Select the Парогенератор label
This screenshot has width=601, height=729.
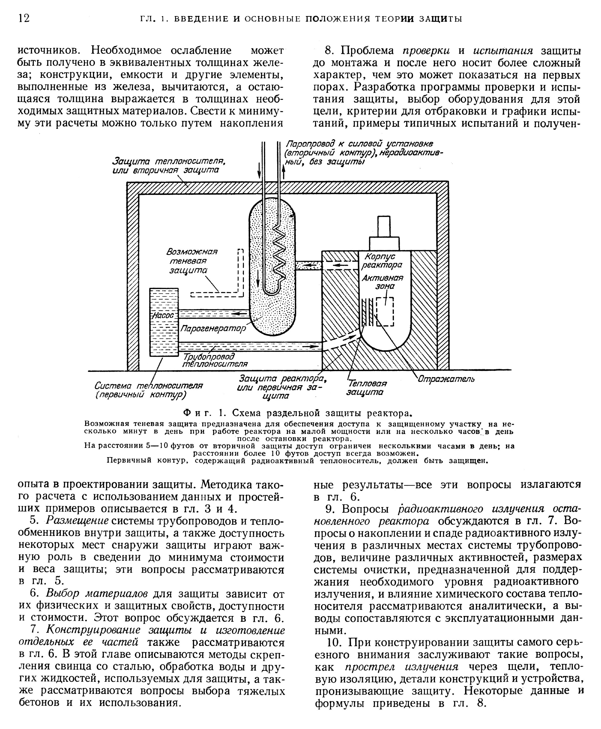click(x=213, y=328)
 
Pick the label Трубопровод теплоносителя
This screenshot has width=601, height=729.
click(x=215, y=360)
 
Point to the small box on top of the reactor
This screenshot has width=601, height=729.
click(x=384, y=227)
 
